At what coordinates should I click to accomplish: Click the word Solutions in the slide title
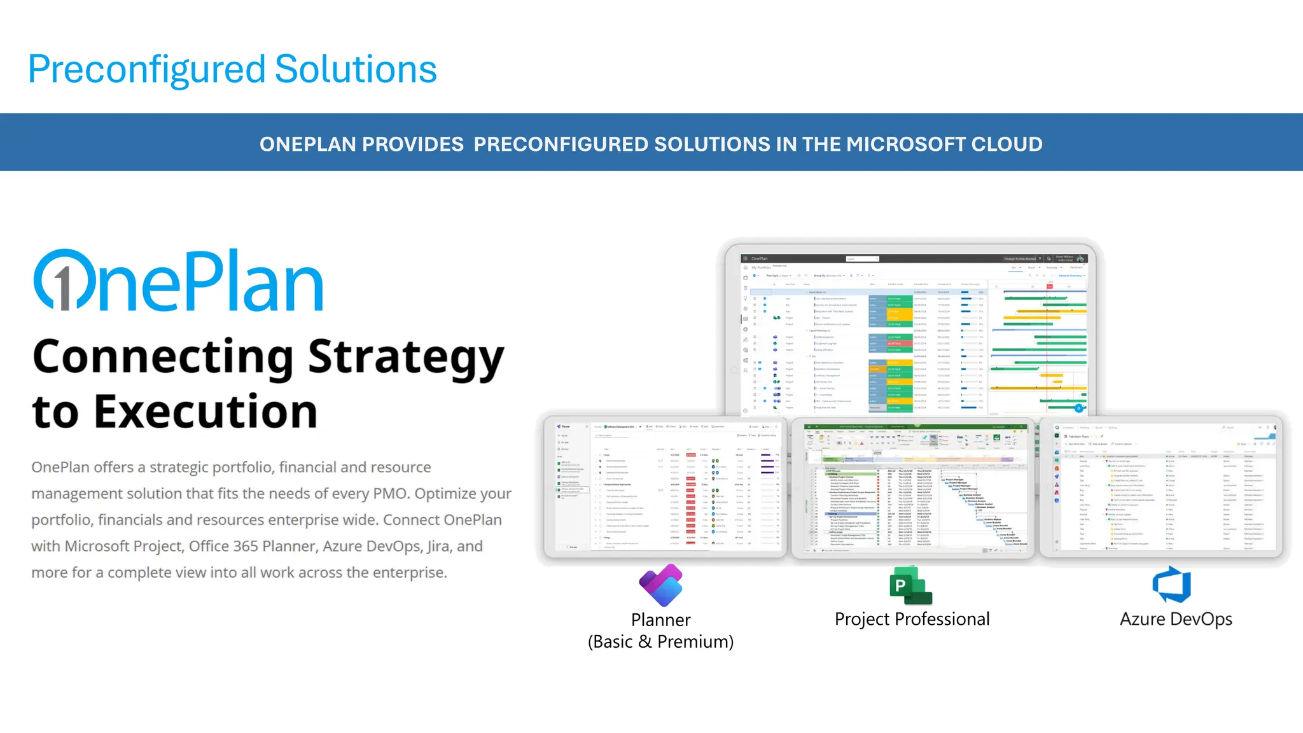tap(355, 69)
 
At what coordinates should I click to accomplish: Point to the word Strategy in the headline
tap(406, 358)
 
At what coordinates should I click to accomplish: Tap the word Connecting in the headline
tap(163, 358)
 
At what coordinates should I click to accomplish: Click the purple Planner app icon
tap(660, 585)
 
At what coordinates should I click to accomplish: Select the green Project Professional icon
tap(910, 585)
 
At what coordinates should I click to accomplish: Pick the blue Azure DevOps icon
tap(1172, 585)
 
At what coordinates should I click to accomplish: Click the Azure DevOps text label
tap(1176, 619)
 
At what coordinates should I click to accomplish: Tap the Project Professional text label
tap(912, 619)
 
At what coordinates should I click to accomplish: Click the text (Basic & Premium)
tap(660, 642)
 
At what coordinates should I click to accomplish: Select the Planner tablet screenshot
tap(665, 487)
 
